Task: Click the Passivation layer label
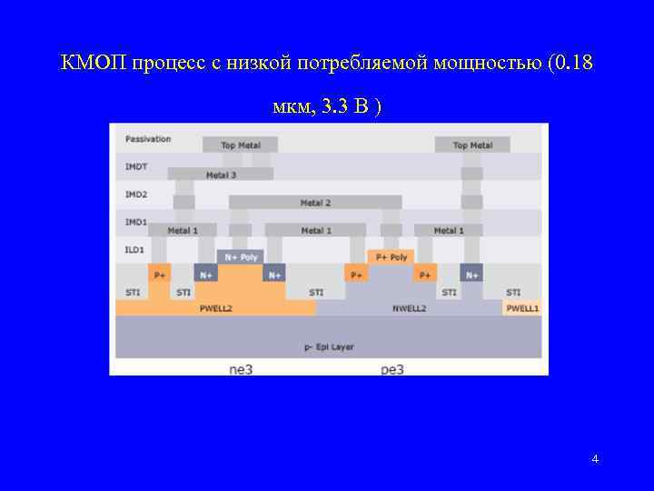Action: [x=148, y=139]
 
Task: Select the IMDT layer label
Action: [x=135, y=166]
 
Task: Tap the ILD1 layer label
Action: [x=134, y=249]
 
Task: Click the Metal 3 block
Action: [x=221, y=175]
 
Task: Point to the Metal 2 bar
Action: [x=315, y=202]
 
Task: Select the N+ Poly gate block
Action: [x=241, y=256]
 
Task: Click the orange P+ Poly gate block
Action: [x=391, y=256]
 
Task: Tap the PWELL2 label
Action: [x=216, y=308]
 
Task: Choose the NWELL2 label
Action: [x=409, y=308]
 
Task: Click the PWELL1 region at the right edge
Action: [x=522, y=308]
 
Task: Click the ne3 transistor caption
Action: [x=241, y=369]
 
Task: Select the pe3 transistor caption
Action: [x=391, y=369]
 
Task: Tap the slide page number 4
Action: [x=595, y=459]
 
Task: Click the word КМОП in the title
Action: [x=94, y=64]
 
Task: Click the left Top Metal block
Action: [x=240, y=145]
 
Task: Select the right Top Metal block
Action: [x=472, y=145]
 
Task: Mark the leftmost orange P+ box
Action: [x=160, y=274]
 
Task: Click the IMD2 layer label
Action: [x=135, y=194]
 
